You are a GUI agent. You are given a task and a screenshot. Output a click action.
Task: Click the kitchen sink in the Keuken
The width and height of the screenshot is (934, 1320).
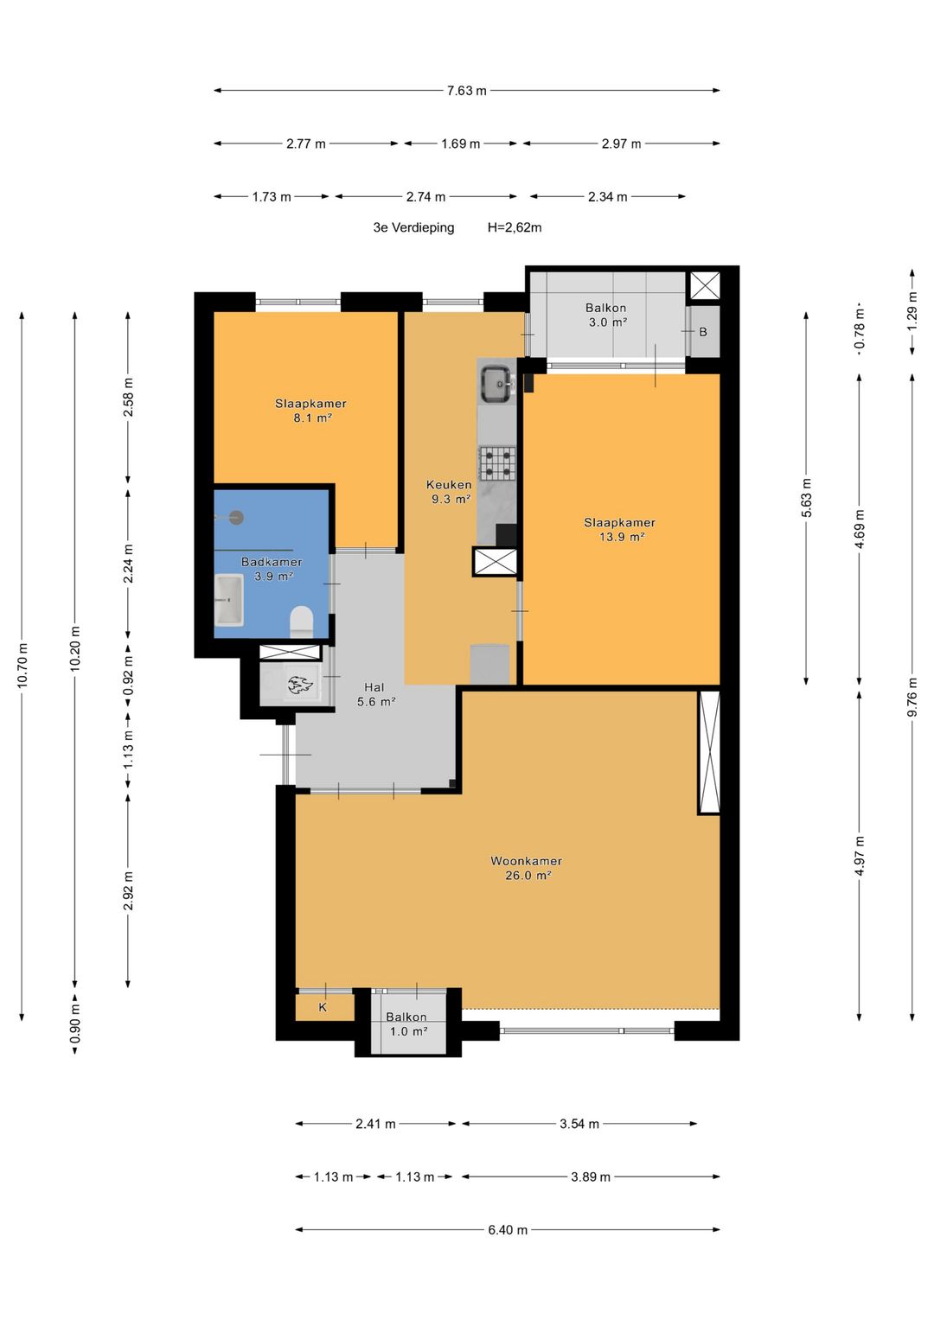pyautogui.click(x=496, y=384)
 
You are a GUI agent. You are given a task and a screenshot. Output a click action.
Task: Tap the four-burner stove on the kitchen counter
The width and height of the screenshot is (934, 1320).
pyautogui.click(x=496, y=462)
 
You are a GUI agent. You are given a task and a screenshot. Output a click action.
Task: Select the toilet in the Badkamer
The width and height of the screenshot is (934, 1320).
pyautogui.click(x=301, y=622)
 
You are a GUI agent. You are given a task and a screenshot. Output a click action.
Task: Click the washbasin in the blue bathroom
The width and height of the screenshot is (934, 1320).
pyautogui.click(x=229, y=600)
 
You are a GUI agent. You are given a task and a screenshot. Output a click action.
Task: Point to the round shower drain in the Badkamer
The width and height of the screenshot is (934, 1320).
pyautogui.click(x=236, y=518)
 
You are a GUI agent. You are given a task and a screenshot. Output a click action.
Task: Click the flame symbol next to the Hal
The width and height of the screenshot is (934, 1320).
pyautogui.click(x=299, y=684)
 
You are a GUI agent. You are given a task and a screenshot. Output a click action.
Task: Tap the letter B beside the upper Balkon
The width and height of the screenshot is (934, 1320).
pyautogui.click(x=703, y=332)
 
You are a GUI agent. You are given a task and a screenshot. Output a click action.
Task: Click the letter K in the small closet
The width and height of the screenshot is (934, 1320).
pyautogui.click(x=323, y=1007)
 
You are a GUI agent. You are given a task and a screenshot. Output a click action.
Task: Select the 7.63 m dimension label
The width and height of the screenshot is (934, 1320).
pyautogui.click(x=466, y=91)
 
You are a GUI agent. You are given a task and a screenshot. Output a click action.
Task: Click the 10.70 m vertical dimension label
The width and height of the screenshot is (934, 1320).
pyautogui.click(x=22, y=666)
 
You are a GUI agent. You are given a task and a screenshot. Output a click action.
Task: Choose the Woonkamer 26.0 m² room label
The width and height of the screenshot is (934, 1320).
pyautogui.click(x=527, y=868)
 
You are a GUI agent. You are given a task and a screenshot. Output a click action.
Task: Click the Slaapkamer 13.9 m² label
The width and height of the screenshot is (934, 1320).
pyautogui.click(x=620, y=529)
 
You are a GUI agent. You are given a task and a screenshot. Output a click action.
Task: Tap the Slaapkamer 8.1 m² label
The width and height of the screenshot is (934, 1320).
pyautogui.click(x=310, y=411)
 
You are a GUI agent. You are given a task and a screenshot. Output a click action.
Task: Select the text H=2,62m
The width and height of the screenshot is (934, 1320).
pyautogui.click(x=515, y=227)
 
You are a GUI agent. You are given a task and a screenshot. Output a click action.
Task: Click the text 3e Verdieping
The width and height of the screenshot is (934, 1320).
pyautogui.click(x=414, y=227)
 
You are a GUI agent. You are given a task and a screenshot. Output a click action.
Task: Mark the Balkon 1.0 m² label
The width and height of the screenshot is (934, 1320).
pyautogui.click(x=406, y=1023)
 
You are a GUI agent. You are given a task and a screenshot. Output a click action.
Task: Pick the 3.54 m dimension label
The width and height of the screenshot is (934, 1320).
pyautogui.click(x=579, y=1124)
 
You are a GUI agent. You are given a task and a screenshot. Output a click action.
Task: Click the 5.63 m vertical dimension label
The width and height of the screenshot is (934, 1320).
pyautogui.click(x=807, y=498)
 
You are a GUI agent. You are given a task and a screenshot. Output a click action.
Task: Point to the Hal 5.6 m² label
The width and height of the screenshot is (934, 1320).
pyautogui.click(x=375, y=694)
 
